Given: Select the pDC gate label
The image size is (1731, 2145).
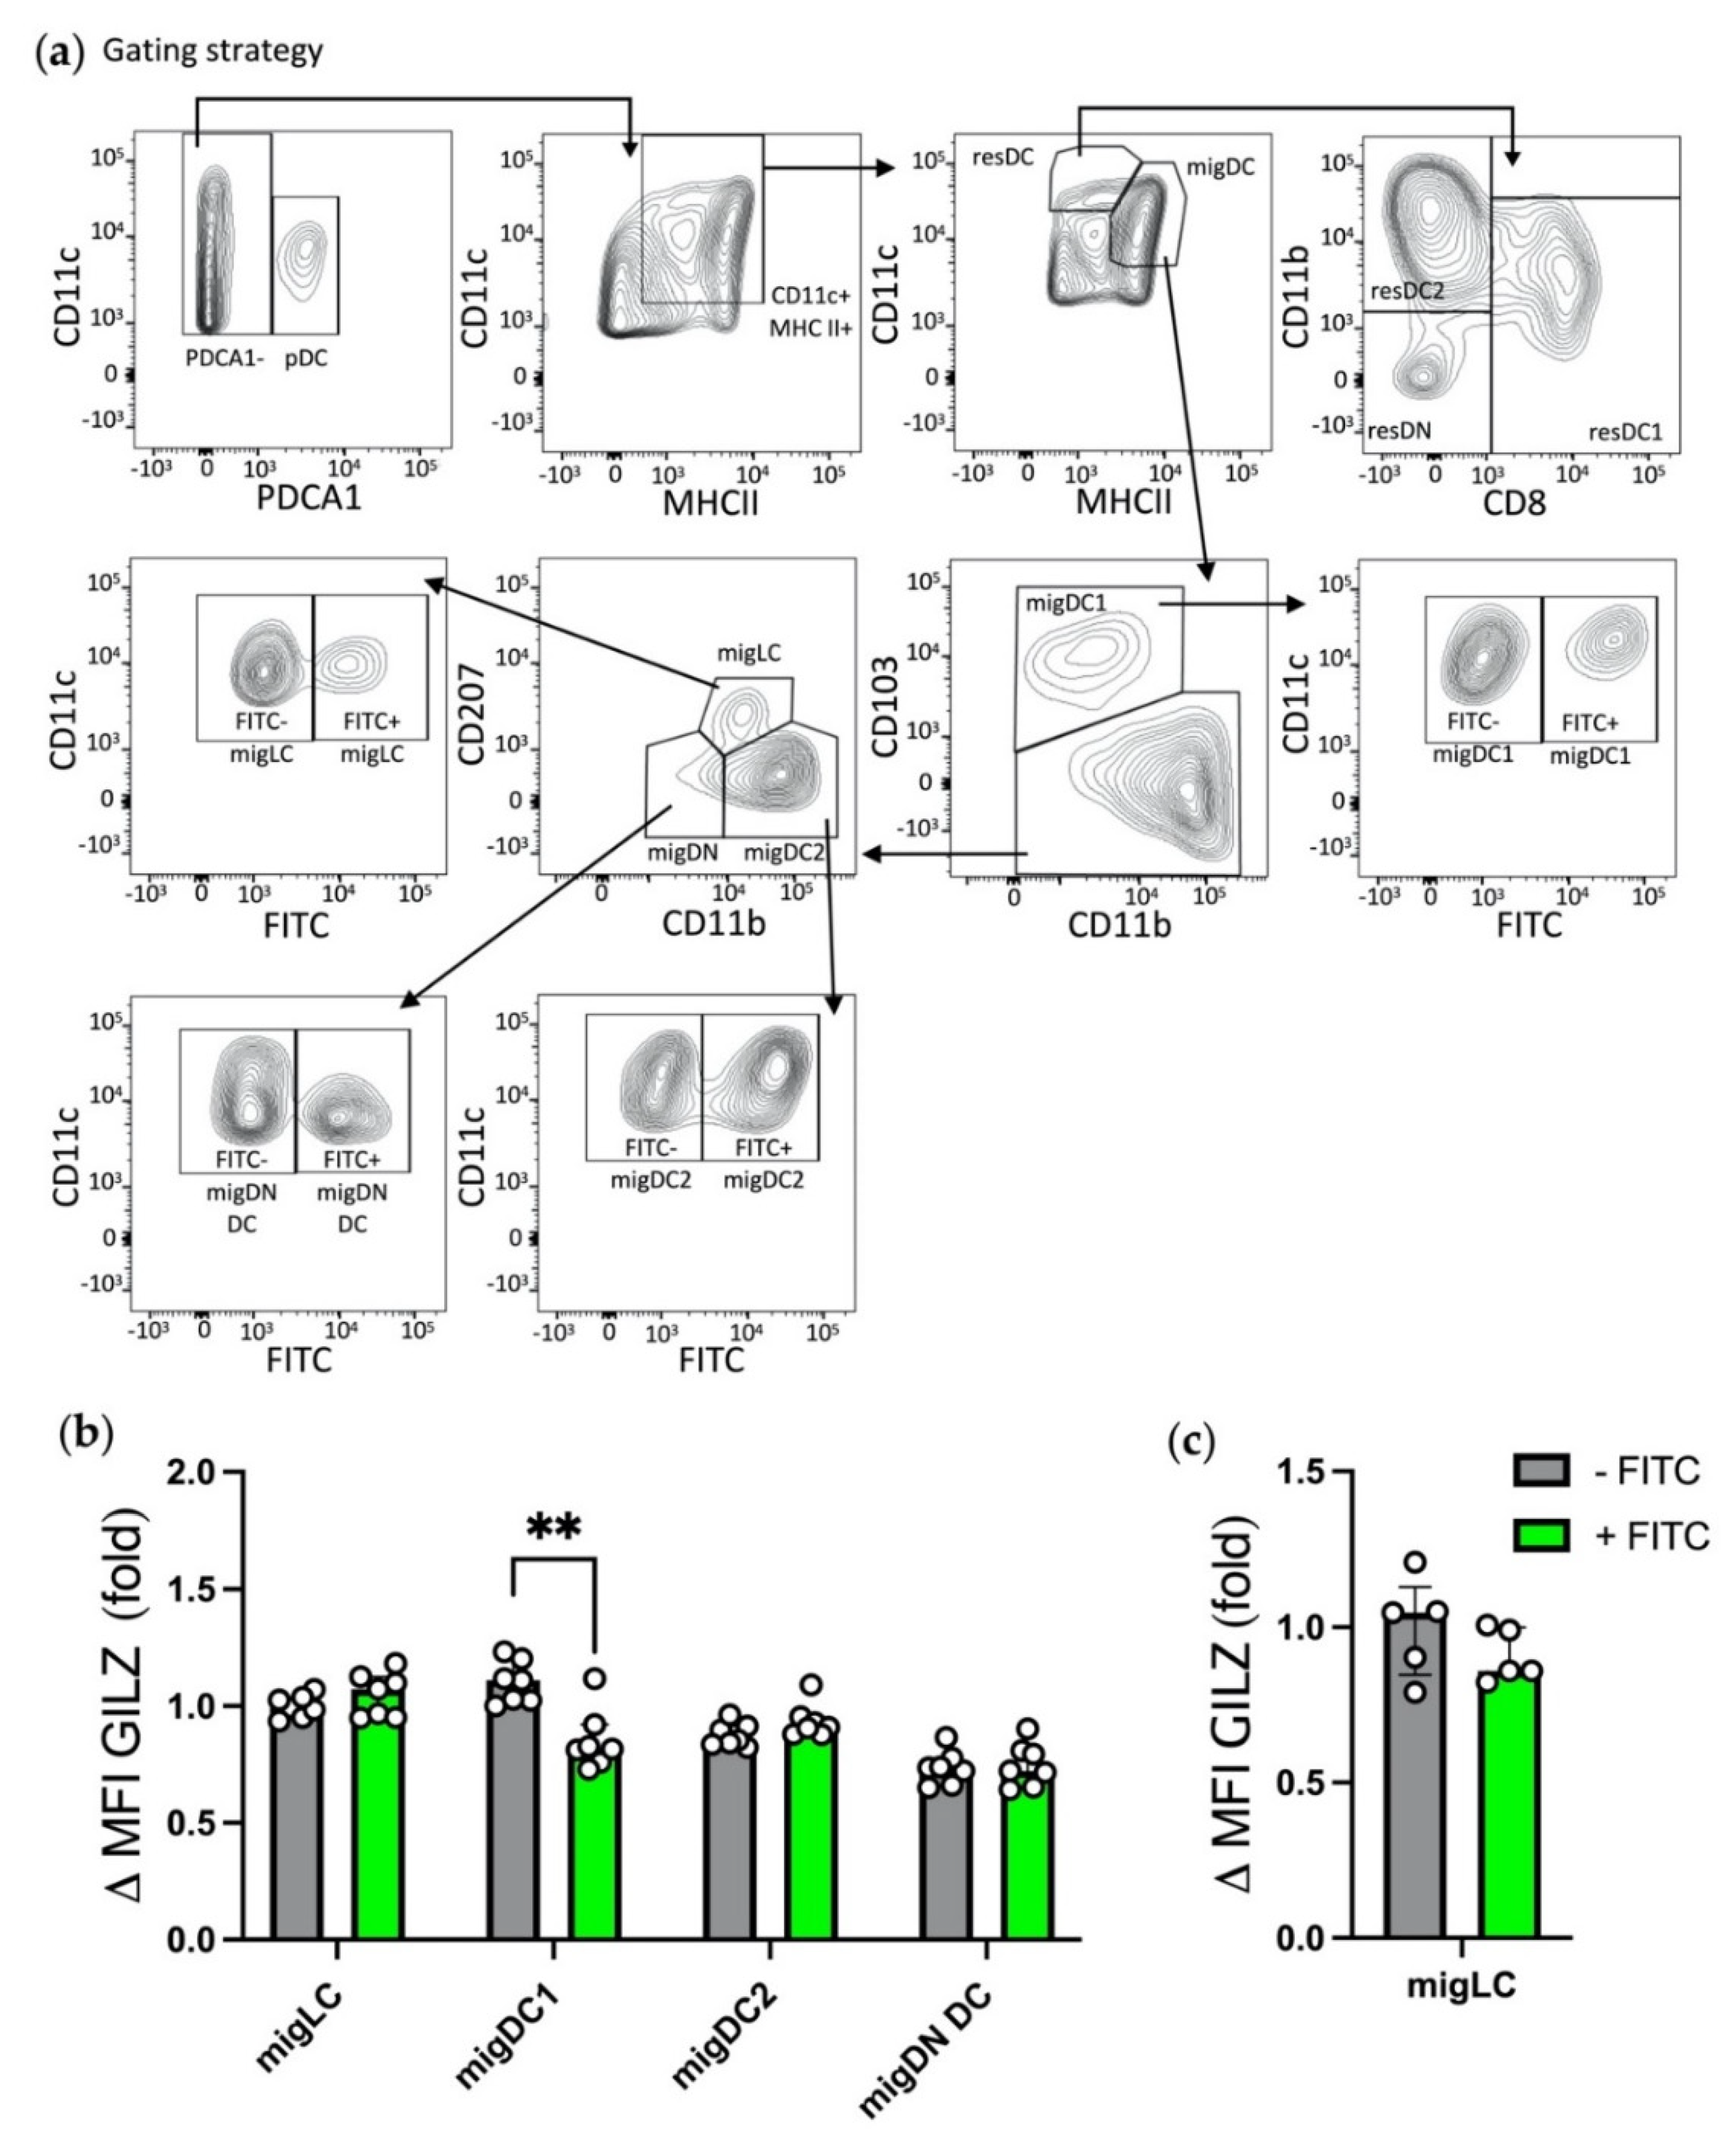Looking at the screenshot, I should tap(305, 358).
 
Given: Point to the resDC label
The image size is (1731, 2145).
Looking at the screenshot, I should tap(1004, 158).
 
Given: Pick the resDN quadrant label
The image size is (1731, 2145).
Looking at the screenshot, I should tap(1399, 430).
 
